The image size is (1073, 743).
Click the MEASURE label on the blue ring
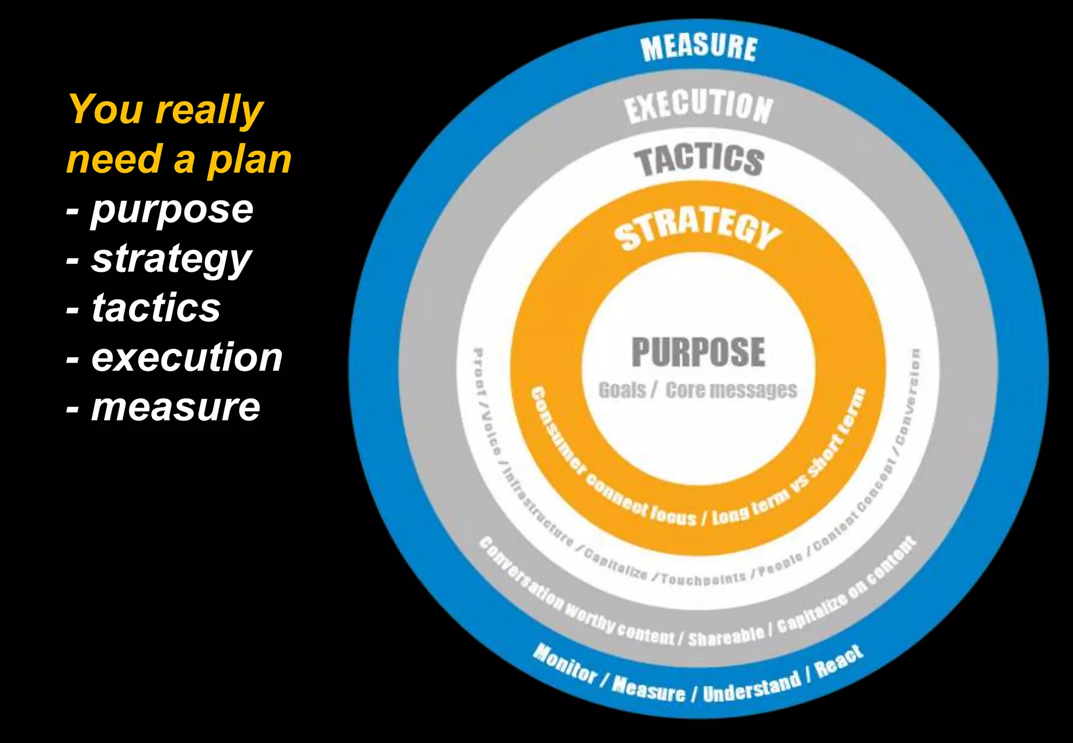pos(699,48)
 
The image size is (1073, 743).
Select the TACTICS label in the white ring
pos(699,160)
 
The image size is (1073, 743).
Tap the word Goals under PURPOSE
pos(622,390)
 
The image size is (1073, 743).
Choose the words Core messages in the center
pos(731,390)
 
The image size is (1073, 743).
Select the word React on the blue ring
pos(839,660)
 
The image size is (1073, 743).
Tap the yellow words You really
pos(166,110)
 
